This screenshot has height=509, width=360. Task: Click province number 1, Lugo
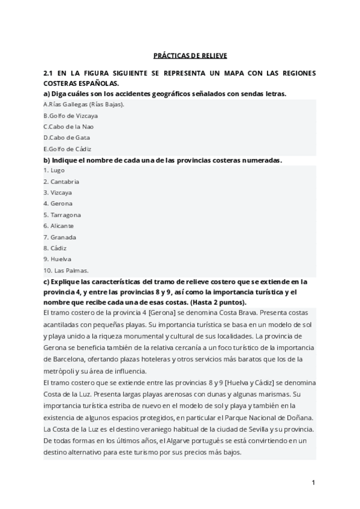tap(54, 170)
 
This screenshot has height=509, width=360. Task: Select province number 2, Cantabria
tap(61, 181)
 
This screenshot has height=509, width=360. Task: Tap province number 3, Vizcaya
tap(58, 193)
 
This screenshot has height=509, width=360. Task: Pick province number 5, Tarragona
tap(62, 215)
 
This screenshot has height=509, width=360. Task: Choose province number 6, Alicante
tap(59, 226)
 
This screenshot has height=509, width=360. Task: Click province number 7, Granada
tap(59, 237)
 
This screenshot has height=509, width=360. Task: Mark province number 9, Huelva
tap(57, 259)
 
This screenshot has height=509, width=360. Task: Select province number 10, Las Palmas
tap(66, 270)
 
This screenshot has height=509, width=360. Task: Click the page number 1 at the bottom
tap(313, 482)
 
